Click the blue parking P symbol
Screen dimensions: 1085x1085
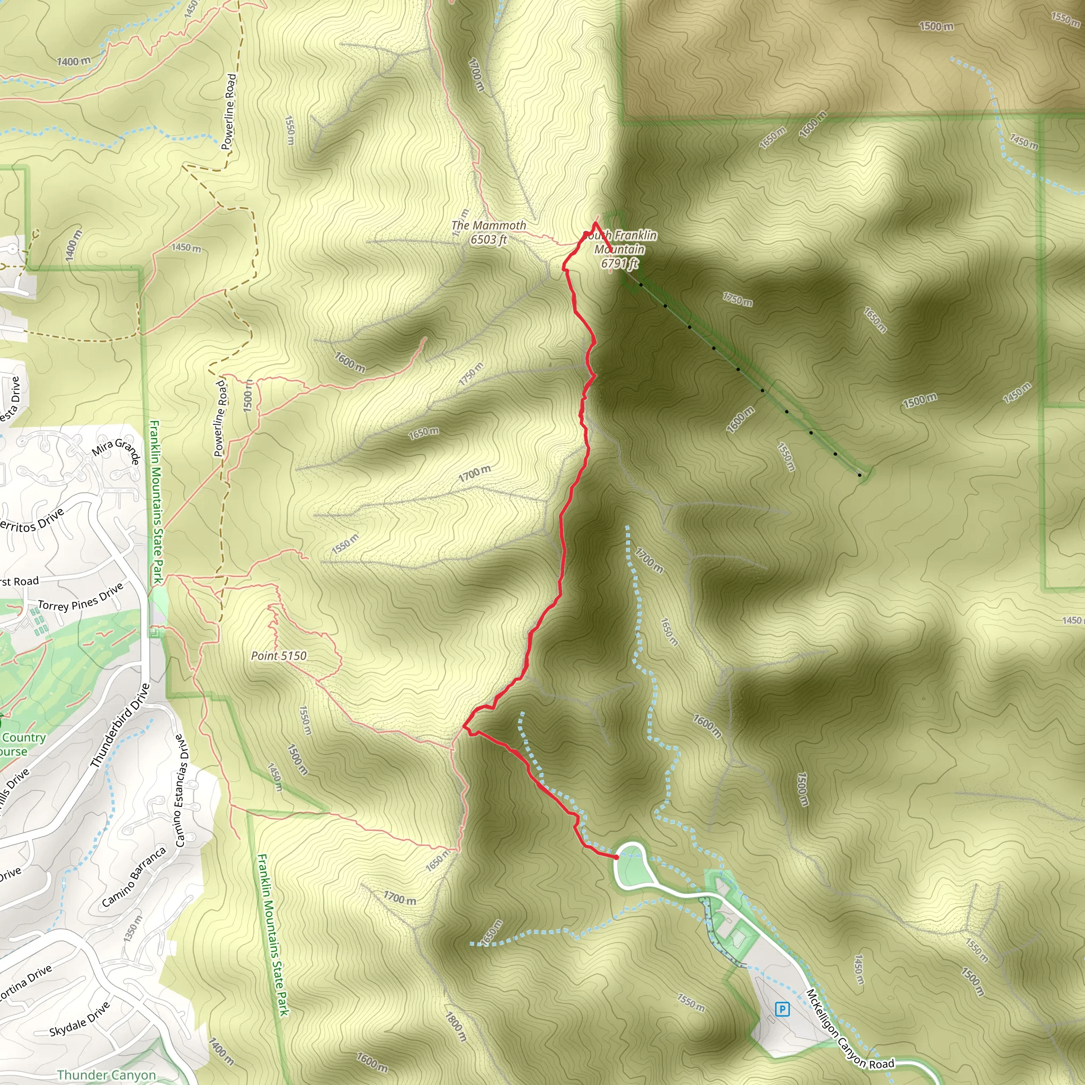tap(782, 1009)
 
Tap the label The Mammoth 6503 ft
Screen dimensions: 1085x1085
tap(488, 233)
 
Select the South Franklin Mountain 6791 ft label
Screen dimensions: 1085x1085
tap(620, 250)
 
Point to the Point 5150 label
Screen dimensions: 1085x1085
tap(279, 655)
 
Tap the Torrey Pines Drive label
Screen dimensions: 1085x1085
tap(81, 597)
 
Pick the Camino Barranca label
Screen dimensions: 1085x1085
tap(134, 877)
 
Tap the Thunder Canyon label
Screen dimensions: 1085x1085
tap(106, 1075)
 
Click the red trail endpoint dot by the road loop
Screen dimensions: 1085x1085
tap(616, 857)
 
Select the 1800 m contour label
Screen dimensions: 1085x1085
tap(456, 1027)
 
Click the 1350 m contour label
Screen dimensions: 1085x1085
tap(132, 929)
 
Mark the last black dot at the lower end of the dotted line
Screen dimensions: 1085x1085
tap(860, 476)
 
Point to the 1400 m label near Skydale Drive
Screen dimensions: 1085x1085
tap(221, 1051)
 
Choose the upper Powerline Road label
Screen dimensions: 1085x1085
tap(228, 112)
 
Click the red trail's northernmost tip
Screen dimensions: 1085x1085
tap(595, 223)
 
